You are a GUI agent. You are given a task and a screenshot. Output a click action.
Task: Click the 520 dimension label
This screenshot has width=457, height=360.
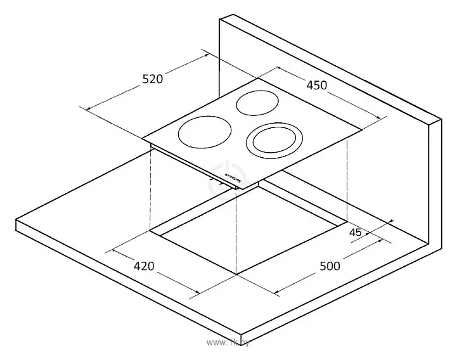pyautogui.click(x=153, y=79)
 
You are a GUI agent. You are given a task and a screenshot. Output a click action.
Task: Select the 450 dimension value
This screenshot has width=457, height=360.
pyautogui.click(x=316, y=84)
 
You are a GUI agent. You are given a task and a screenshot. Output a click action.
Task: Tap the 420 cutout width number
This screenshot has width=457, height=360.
pyautogui.click(x=144, y=266)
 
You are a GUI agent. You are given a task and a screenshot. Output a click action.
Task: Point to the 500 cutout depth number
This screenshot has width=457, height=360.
pyautogui.click(x=330, y=266)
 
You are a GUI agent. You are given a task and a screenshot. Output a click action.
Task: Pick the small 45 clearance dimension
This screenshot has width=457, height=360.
pyautogui.click(x=356, y=233)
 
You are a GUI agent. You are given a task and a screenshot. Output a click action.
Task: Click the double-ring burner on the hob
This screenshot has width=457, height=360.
pyautogui.click(x=275, y=139)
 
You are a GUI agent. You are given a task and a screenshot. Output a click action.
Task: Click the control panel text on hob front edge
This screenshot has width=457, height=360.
pyautogui.click(x=235, y=176)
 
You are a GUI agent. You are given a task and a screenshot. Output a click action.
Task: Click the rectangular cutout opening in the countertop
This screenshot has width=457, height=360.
pyautogui.click(x=254, y=238)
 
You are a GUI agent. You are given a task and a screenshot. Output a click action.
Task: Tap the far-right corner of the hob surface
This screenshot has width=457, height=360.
pyautogui.click(x=362, y=131)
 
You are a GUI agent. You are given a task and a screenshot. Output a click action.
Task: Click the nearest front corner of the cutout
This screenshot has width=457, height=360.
pyautogui.click(x=236, y=274)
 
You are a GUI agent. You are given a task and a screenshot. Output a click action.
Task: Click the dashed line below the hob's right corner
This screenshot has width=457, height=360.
pyautogui.click(x=347, y=177)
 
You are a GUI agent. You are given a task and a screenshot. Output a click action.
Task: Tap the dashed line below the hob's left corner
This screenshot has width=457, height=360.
pyautogui.click(x=150, y=190)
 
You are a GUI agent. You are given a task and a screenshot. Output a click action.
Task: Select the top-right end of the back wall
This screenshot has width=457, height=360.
pyautogui.click(x=441, y=119)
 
